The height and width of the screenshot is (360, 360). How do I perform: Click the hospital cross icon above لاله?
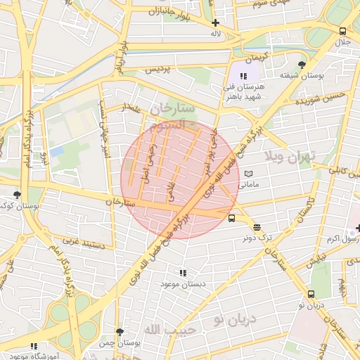[x=214, y=22]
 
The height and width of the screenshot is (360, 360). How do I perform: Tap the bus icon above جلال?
[x=342, y=31]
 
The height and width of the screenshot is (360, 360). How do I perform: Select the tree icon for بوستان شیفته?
[x=302, y=65]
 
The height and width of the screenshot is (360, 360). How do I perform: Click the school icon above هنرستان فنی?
[x=243, y=75]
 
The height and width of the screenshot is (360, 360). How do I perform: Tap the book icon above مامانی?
[x=248, y=173]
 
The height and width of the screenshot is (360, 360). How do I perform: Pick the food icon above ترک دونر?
[x=257, y=227]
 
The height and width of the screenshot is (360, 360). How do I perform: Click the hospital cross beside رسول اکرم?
[x=358, y=227]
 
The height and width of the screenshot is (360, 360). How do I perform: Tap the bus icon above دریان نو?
[x=311, y=294]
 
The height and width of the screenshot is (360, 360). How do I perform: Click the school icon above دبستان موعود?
[x=184, y=272]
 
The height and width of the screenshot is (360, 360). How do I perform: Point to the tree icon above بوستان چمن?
[x=120, y=331]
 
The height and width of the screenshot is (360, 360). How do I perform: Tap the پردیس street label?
[x=157, y=70]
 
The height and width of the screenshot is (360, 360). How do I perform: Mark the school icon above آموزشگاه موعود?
[x=34, y=346]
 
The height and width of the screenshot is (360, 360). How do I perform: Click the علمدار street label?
[x=132, y=109]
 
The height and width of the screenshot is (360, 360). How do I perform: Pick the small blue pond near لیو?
[x=56, y=151]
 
